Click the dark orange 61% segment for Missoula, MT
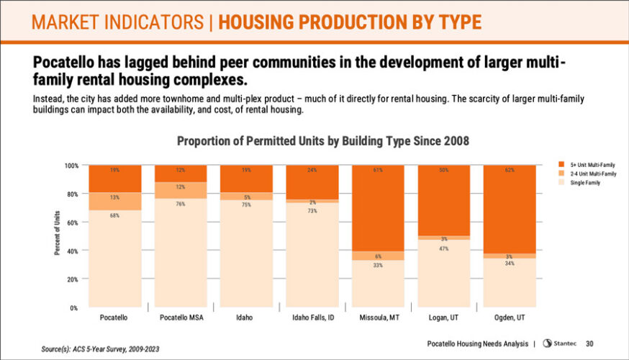pyautogui.click(x=378, y=209)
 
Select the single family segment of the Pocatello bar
pyautogui.click(x=115, y=259)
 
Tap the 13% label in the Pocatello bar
pyautogui.click(x=115, y=197)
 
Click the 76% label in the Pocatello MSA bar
pyautogui.click(x=181, y=204)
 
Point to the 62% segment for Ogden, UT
pyautogui.click(x=510, y=209)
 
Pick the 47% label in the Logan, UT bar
pyautogui.click(x=444, y=248)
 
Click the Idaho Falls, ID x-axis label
pyautogui.click(x=312, y=318)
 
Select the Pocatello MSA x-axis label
pyautogui.click(x=181, y=318)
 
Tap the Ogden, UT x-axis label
pyautogui.click(x=510, y=318)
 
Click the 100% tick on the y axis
pyautogui.click(x=71, y=166)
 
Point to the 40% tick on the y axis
pyautogui.click(x=73, y=251)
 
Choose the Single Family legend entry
pyautogui.click(x=580, y=183)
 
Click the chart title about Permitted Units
pyautogui.click(x=323, y=141)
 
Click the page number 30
pyautogui.click(x=589, y=343)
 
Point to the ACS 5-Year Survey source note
pyautogui.click(x=100, y=349)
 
